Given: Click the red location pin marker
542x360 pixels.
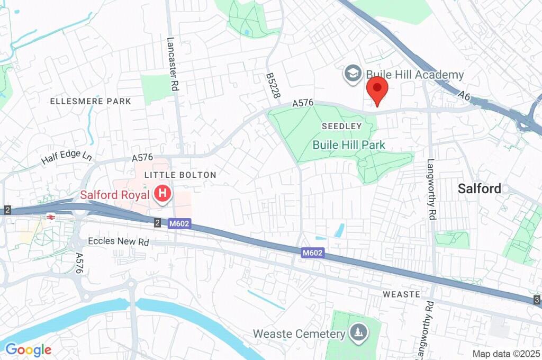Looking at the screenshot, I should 377,89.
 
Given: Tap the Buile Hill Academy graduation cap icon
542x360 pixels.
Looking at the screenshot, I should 351,74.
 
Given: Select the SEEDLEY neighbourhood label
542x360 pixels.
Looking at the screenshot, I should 342,127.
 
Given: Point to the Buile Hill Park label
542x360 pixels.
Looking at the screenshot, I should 349,145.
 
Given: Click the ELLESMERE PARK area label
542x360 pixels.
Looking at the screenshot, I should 90,101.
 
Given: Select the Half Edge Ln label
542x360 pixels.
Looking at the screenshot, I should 66,156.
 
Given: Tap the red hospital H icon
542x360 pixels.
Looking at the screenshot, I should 162,194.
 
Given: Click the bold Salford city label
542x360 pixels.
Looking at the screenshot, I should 480,188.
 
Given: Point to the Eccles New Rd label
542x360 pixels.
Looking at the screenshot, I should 119,241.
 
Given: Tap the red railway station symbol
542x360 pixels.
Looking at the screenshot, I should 51,217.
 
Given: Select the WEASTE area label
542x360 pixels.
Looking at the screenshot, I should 401,294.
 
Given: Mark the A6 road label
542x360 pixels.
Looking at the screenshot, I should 464,96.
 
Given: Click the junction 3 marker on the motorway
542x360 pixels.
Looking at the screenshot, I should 537,300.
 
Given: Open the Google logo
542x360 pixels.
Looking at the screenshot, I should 28,349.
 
